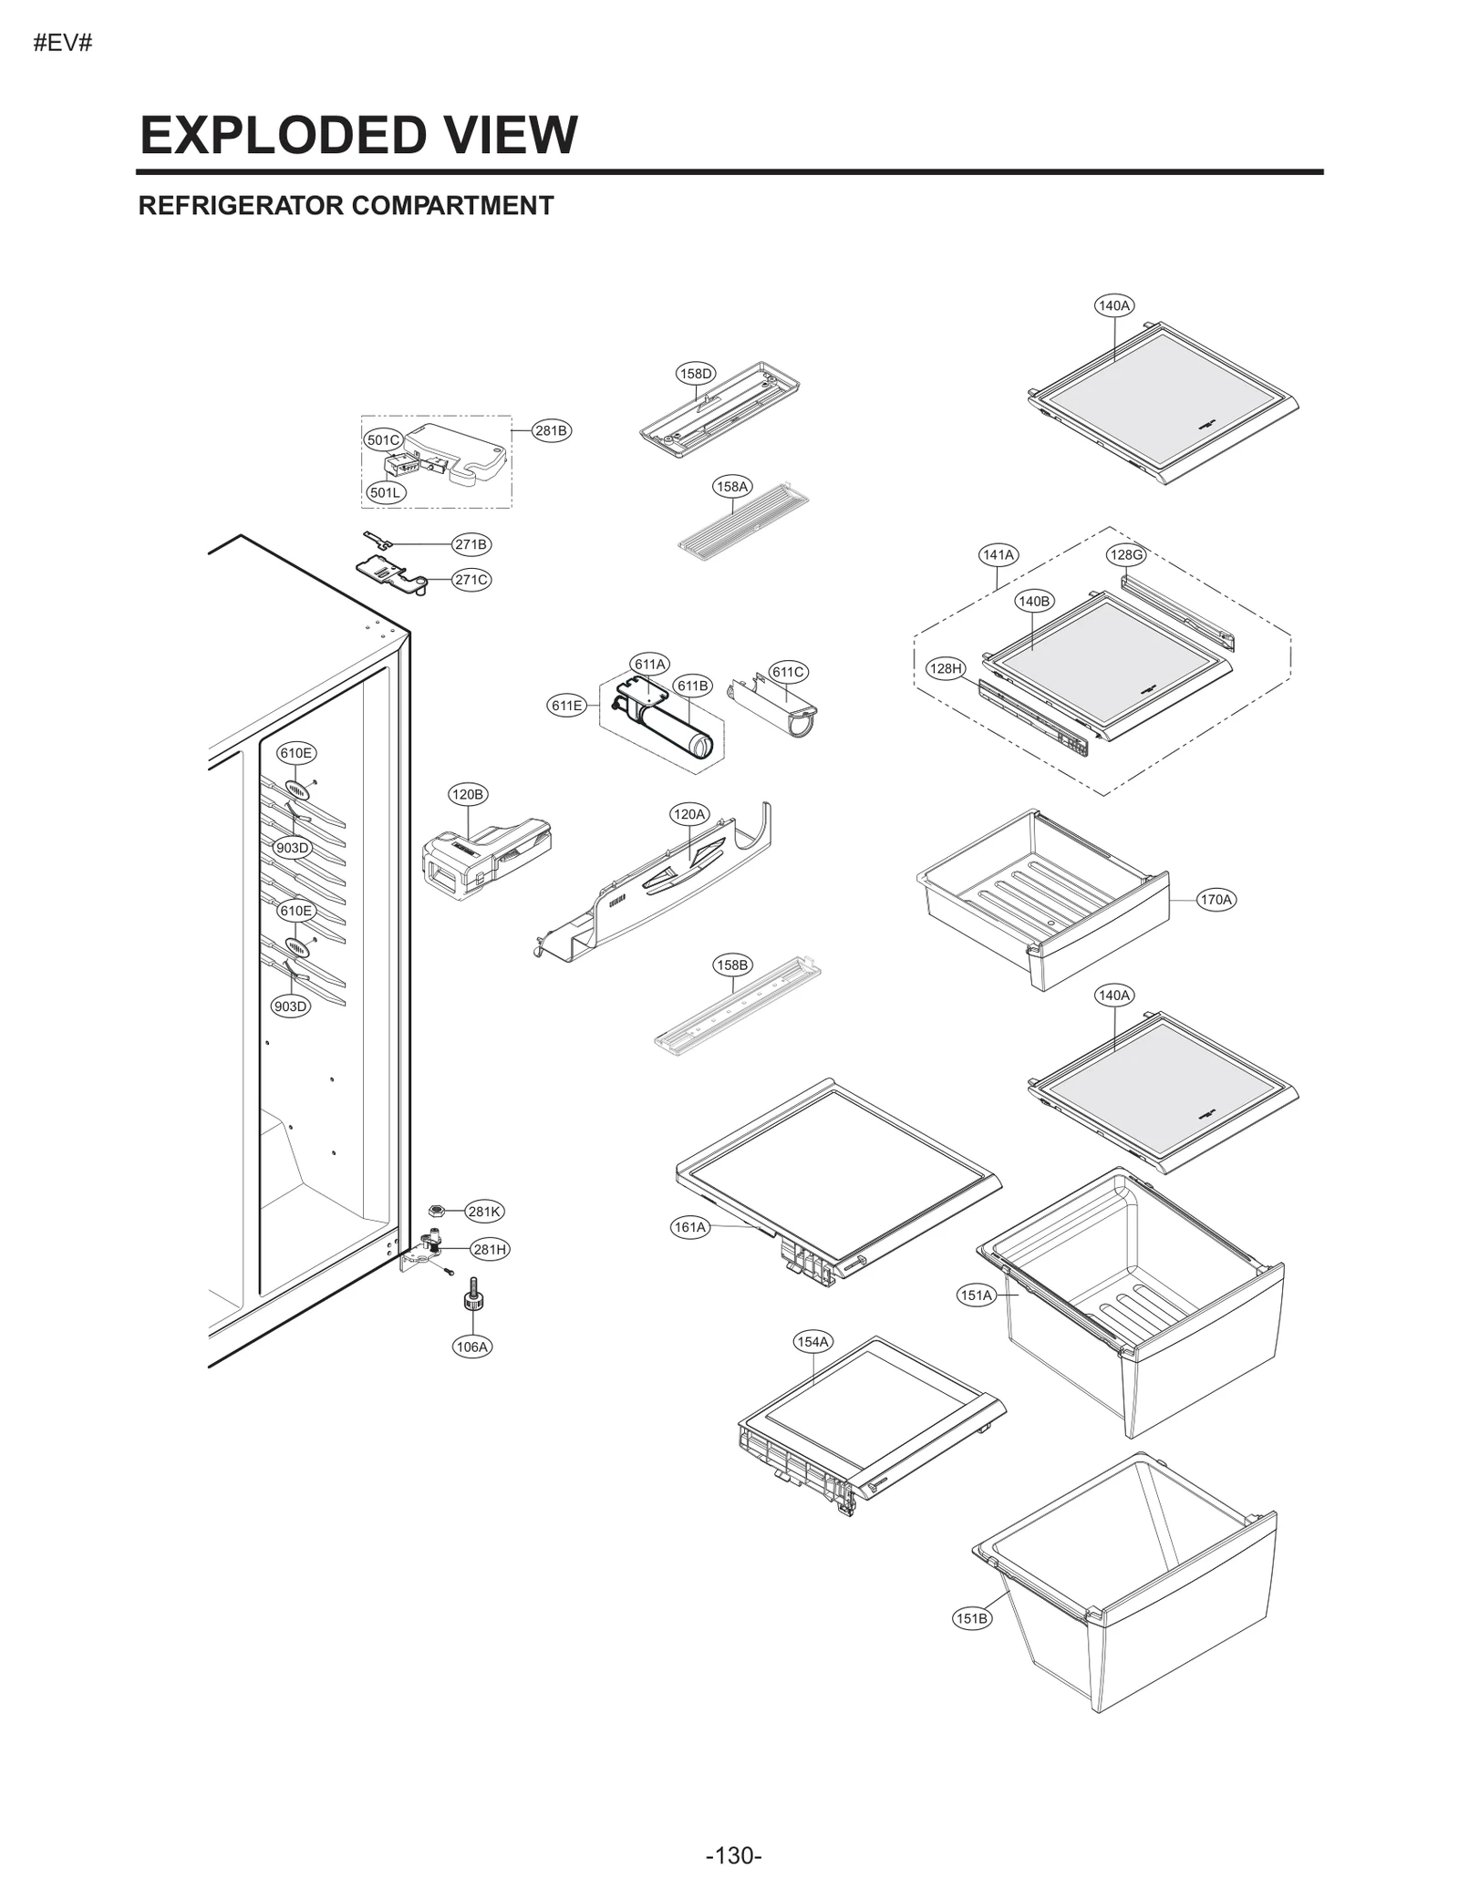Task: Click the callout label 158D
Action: click(696, 373)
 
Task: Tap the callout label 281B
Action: click(551, 430)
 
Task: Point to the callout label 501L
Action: click(385, 492)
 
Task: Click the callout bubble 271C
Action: click(471, 579)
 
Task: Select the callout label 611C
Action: click(788, 672)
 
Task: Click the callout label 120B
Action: click(468, 794)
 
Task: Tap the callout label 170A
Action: click(1216, 899)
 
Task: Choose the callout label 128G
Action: click(1125, 554)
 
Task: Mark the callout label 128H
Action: click(946, 668)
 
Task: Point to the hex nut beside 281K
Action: click(437, 1210)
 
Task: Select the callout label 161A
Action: click(690, 1227)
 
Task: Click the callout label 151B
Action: click(971, 1618)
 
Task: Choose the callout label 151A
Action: click(976, 1295)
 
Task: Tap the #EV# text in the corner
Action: click(63, 43)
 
